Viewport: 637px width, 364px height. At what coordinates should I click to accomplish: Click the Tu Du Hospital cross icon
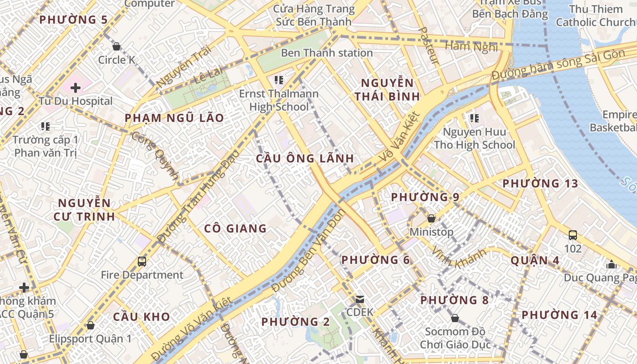(76, 87)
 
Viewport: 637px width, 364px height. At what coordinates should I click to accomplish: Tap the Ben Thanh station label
(327, 53)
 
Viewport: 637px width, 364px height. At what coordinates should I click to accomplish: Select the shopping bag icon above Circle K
(116, 46)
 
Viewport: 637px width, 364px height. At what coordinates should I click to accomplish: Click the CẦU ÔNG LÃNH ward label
(305, 158)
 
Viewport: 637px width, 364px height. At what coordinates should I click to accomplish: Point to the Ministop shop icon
(431, 218)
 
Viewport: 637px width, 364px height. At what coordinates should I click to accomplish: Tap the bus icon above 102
(573, 235)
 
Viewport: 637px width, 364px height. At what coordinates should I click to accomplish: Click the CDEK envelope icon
(360, 299)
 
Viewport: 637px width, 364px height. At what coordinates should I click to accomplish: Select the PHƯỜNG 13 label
(540, 184)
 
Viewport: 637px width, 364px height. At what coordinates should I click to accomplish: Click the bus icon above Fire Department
(142, 262)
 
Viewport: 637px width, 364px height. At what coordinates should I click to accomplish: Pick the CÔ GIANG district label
(235, 228)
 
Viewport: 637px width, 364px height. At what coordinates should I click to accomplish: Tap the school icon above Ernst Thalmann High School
(279, 81)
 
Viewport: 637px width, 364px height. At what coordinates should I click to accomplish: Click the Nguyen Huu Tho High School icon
(475, 119)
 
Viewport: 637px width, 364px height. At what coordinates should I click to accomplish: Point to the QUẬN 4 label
(535, 260)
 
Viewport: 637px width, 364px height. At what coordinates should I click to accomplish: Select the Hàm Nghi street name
(471, 46)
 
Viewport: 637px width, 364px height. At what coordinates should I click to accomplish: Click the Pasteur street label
(428, 45)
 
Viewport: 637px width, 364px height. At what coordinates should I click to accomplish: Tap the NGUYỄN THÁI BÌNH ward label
(387, 90)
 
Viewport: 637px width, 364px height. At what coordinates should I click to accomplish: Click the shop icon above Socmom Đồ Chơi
(455, 318)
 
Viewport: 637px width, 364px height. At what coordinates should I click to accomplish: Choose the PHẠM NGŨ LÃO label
(174, 118)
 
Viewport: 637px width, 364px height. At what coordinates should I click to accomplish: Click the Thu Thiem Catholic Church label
(595, 15)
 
